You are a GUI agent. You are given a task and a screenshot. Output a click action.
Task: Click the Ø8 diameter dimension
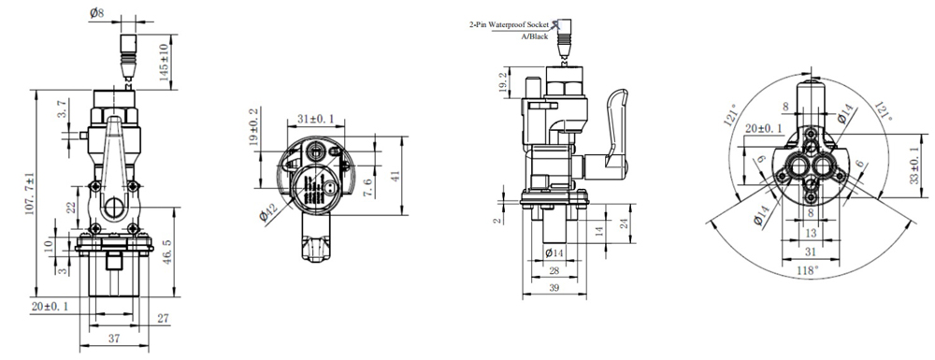98,12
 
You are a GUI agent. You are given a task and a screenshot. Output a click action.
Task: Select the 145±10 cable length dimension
164,62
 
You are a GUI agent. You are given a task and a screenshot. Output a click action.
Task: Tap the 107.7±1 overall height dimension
30,193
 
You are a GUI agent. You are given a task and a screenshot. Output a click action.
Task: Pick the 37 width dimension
114,338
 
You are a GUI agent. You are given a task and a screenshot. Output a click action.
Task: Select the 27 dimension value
163,319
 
